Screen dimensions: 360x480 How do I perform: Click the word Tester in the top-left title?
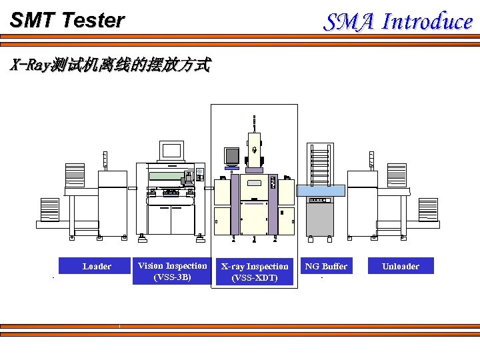(x=93, y=21)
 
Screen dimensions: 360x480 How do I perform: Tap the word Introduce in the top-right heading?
(x=427, y=22)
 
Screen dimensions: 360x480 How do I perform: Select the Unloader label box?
(x=401, y=266)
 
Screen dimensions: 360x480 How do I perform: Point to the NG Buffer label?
(x=326, y=266)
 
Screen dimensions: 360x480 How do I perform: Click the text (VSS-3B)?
(x=172, y=277)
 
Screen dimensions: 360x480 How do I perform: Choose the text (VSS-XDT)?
(x=255, y=277)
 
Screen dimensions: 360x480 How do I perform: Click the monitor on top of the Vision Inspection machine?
(x=171, y=151)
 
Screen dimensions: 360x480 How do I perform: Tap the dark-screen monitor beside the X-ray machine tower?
(x=231, y=155)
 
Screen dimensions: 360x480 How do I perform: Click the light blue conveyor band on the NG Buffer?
(x=321, y=191)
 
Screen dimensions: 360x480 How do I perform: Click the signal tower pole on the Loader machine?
(x=105, y=160)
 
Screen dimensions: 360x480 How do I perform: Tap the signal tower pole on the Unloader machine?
(x=371, y=160)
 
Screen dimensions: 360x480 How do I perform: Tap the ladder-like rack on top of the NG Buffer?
(x=321, y=162)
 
